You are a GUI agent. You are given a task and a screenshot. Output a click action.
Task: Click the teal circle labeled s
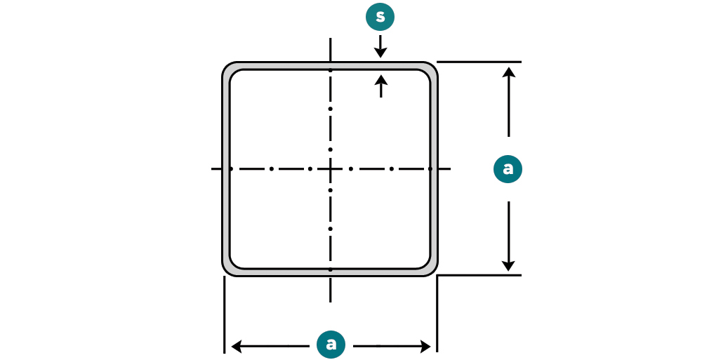click(380, 17)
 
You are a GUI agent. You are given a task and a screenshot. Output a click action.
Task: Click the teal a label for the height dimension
click(508, 169)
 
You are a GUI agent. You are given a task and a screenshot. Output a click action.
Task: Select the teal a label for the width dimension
click(331, 344)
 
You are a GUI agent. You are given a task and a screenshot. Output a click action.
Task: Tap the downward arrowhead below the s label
click(380, 53)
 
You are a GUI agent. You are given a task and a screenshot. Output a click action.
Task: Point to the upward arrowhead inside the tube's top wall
click(380, 81)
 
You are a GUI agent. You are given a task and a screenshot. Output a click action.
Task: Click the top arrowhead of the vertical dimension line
click(509, 72)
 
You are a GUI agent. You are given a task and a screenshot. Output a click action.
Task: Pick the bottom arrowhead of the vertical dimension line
click(509, 266)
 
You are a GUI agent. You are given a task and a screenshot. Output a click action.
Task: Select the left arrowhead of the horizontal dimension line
click(237, 346)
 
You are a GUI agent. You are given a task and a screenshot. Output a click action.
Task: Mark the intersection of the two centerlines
click(330, 168)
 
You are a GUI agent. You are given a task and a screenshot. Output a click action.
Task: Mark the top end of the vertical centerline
click(330, 40)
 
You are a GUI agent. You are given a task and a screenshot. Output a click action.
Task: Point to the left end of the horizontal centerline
click(213, 168)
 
